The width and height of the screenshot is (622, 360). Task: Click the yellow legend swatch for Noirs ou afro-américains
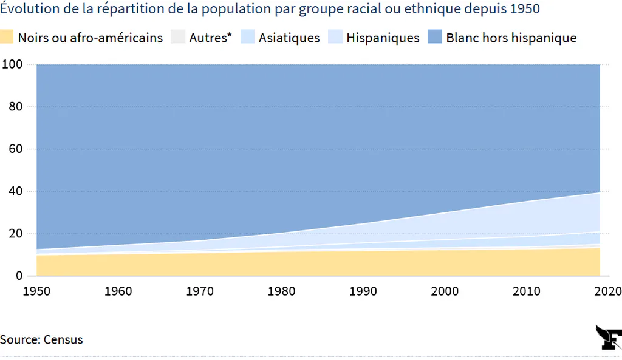tap(6, 36)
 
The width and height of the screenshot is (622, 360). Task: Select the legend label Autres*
tap(210, 38)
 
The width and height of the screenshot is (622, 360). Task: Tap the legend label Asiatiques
tap(289, 38)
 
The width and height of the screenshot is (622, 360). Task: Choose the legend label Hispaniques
tap(383, 38)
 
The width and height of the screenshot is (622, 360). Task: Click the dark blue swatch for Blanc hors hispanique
tap(435, 36)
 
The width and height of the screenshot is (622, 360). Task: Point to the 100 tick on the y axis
tap(12, 64)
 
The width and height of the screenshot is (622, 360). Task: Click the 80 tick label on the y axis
tap(15, 106)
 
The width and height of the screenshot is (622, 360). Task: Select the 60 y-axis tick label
tap(15, 149)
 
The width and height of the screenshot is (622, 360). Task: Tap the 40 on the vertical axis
tap(15, 191)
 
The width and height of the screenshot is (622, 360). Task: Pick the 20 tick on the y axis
tap(15, 233)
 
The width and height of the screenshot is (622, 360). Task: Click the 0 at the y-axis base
tap(19, 276)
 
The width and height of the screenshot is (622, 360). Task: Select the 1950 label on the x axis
tap(36, 291)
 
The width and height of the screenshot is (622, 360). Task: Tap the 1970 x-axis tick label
tap(200, 291)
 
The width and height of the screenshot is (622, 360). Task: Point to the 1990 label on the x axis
tap(363, 291)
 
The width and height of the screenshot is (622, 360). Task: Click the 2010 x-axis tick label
tap(527, 291)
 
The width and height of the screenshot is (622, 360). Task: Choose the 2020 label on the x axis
tap(607, 291)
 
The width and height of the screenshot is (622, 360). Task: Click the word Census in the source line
tap(63, 339)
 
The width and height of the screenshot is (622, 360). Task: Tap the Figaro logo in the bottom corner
tap(609, 338)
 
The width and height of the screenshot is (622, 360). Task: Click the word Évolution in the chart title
tap(29, 8)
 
